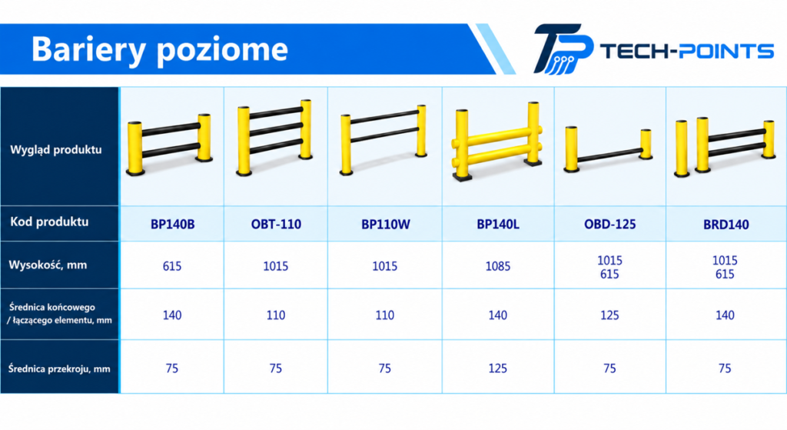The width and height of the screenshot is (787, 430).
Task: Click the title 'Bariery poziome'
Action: coord(160,49)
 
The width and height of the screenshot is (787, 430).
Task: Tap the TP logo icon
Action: coord(563,48)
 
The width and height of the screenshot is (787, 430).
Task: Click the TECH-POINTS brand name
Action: coord(686,51)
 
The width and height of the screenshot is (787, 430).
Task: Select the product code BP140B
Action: coord(172,224)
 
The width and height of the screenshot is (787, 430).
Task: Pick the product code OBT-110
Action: coord(276,224)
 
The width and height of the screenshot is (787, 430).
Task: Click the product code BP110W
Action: coord(386,224)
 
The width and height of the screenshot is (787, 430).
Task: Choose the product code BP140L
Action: coord(498,224)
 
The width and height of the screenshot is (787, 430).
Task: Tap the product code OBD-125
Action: coord(609,224)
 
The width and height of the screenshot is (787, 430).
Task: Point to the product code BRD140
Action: coord(726,225)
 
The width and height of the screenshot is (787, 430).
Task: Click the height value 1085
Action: coord(498,266)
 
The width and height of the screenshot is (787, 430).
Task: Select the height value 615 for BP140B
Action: coord(172,266)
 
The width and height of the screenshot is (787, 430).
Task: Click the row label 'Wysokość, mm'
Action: coord(48,265)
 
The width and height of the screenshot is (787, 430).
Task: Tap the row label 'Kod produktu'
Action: coord(49,222)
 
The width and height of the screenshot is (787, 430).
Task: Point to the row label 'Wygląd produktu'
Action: coord(55,150)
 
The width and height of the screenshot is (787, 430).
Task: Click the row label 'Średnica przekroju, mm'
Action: coord(58,368)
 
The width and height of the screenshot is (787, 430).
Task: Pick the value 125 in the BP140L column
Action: coord(498,368)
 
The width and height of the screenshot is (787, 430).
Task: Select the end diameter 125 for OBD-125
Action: coord(609,315)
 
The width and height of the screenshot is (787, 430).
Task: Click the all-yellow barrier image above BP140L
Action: coord(497,142)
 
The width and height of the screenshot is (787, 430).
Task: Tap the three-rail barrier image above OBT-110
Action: coord(274,137)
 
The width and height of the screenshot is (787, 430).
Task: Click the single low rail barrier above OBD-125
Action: coord(608,150)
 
